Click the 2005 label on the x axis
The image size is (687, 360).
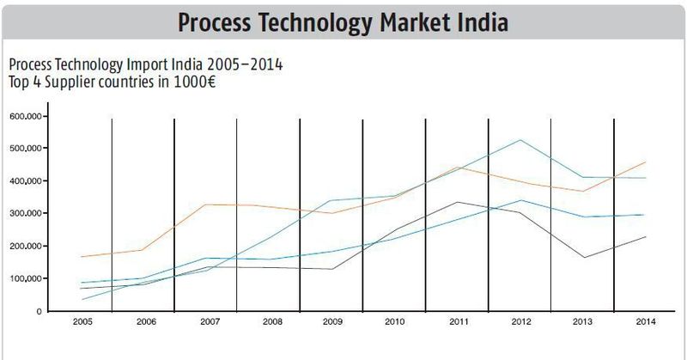point(82,322)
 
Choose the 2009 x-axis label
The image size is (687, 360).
point(331,322)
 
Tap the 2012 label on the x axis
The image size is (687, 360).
point(520,322)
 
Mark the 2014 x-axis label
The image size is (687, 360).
point(645,322)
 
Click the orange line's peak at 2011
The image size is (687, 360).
point(458,167)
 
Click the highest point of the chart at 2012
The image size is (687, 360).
point(520,140)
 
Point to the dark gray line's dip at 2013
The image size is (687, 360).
point(583,258)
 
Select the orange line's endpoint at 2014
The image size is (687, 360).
point(646,162)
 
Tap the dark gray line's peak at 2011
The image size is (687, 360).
point(458,202)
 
